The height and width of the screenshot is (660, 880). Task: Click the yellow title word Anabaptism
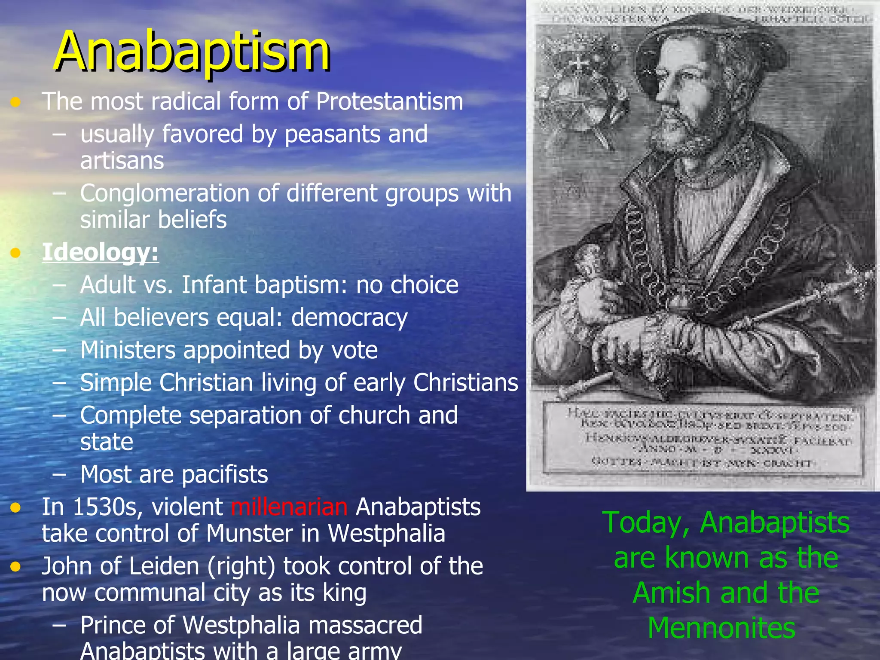click(192, 52)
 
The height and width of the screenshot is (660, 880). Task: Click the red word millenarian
click(289, 507)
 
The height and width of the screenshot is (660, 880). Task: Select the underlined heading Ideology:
click(100, 252)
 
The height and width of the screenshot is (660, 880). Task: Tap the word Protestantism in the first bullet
click(389, 102)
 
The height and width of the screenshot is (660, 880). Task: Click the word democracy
click(349, 318)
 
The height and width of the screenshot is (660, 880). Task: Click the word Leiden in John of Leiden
click(164, 566)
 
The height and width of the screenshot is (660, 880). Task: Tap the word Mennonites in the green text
click(721, 628)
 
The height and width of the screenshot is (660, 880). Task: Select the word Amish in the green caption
click(672, 593)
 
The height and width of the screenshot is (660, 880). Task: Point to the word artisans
click(122, 161)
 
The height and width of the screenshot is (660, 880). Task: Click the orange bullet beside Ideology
click(16, 253)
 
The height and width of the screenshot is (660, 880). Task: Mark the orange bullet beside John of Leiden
click(16, 567)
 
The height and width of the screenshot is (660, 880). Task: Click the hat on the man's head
click(705, 47)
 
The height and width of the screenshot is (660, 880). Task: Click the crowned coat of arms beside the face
click(580, 86)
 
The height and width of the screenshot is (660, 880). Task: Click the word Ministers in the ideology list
click(128, 350)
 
